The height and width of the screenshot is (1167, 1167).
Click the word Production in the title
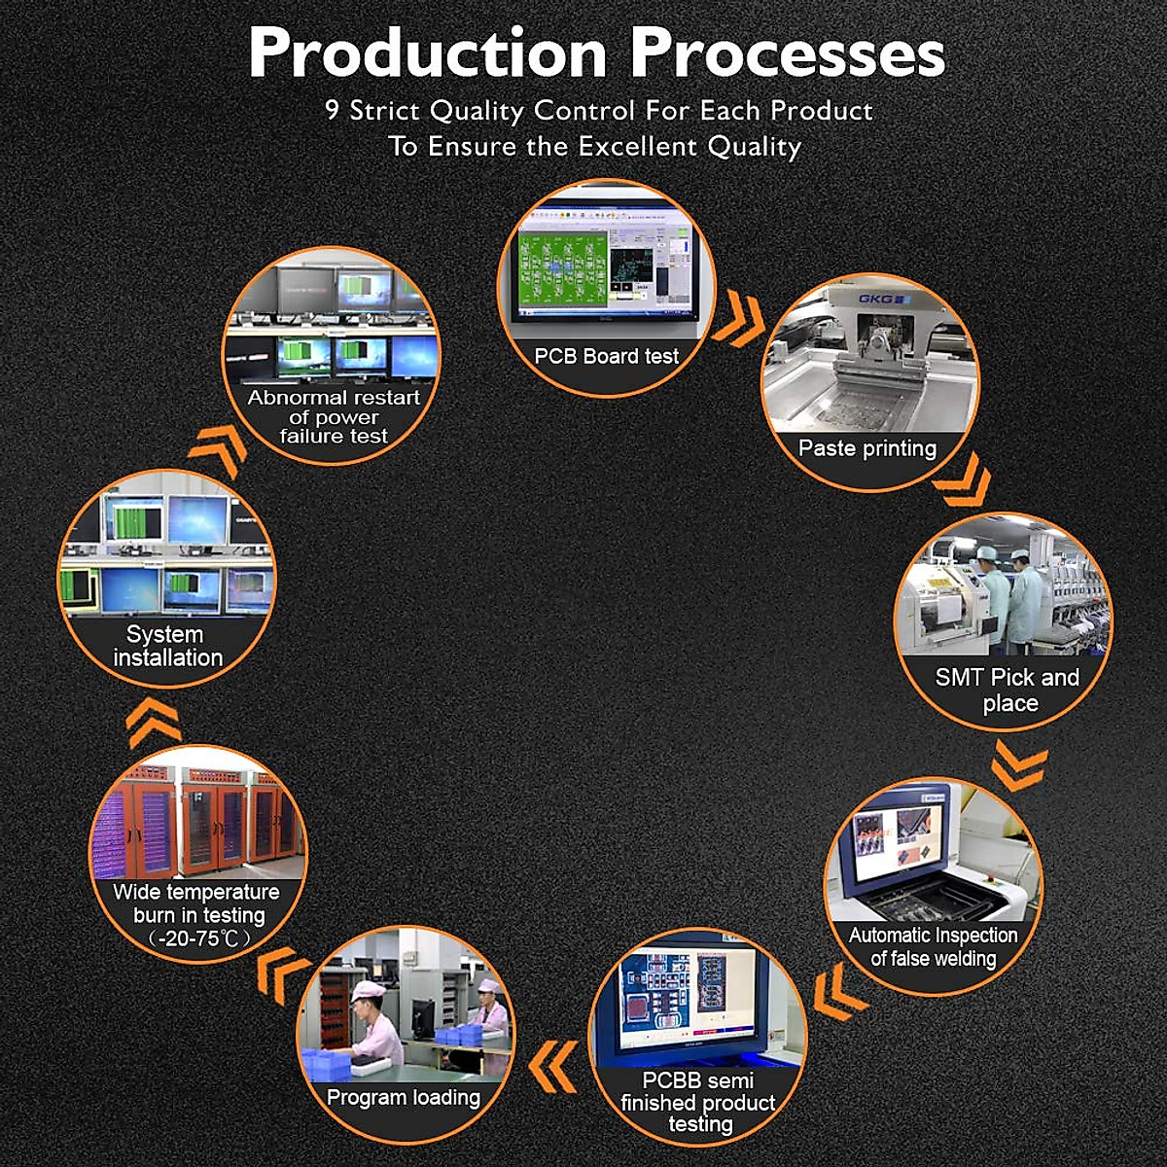click(x=428, y=53)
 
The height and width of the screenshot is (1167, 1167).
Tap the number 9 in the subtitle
click(x=332, y=110)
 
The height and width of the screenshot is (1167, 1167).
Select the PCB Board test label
click(x=606, y=356)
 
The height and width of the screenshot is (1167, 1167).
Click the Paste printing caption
click(x=867, y=448)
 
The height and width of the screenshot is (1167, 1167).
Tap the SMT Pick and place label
click(x=1008, y=690)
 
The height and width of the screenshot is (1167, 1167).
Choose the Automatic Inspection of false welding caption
click(x=934, y=946)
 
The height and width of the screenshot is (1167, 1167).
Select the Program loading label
click(x=404, y=1097)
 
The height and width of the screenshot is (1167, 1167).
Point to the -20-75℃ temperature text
click(x=199, y=938)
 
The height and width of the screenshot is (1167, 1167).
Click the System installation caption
click(x=167, y=646)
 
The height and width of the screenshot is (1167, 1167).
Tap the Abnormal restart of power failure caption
click(x=334, y=416)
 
